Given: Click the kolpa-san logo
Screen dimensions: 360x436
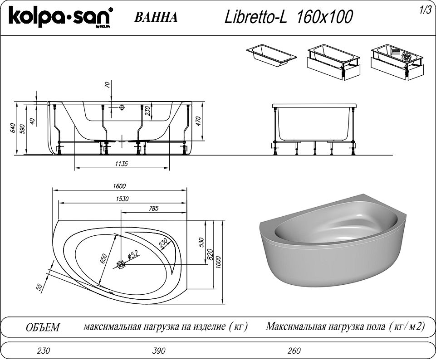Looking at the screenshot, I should [x=59, y=18].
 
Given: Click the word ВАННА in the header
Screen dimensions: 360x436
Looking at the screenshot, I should [x=156, y=17].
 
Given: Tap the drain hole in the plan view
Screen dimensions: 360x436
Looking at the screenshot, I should [x=121, y=264].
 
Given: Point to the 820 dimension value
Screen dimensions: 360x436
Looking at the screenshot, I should [x=210, y=255].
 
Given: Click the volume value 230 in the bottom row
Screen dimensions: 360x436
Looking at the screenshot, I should [x=42, y=350].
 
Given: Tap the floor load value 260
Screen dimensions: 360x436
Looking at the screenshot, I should [x=294, y=350].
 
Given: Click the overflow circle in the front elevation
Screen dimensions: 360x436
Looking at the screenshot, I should [x=121, y=107].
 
